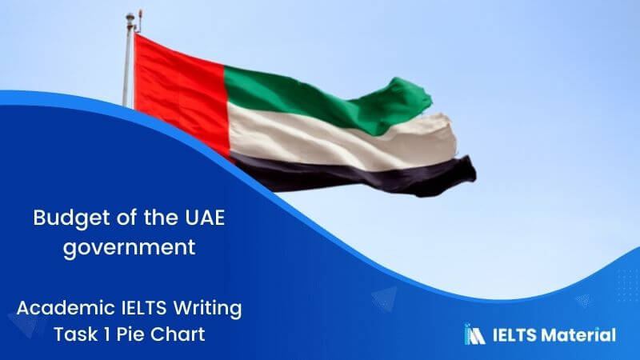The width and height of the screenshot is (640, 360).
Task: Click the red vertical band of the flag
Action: (x=178, y=88)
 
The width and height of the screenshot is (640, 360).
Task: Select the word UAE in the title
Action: (x=185, y=218)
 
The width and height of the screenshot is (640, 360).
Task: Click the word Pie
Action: (x=128, y=334)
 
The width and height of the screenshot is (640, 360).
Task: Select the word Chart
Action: (x=178, y=334)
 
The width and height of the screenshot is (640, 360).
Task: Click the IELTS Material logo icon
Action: (x=474, y=334)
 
